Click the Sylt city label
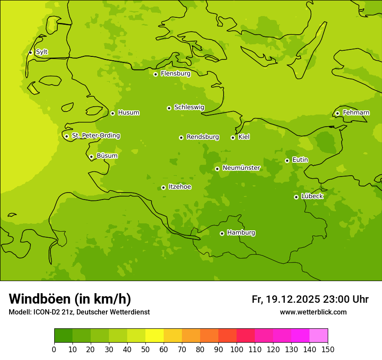coord(42,52)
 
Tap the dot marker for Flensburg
coord(155,74)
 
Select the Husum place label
coord(128,113)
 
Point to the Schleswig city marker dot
coord(169,108)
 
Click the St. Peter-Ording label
coord(95,136)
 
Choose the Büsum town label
coord(107,156)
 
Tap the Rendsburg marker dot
coord(181,137)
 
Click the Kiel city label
coord(244,137)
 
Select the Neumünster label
coord(241,168)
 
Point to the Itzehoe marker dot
coord(163,187)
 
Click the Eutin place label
coord(300,160)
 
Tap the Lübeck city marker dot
coord(296,197)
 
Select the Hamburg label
coord(241,233)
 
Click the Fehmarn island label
coord(356,113)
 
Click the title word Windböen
coord(40,299)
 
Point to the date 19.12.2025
coord(293,299)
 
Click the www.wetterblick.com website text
coord(313,312)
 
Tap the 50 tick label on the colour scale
coord(145,350)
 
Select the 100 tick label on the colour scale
coord(237,350)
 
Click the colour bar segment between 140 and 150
coord(319,336)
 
